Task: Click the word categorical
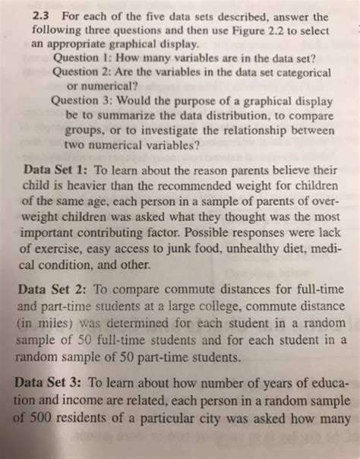coord(312,75)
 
